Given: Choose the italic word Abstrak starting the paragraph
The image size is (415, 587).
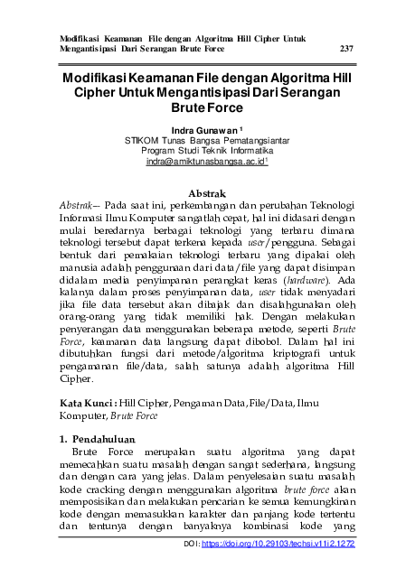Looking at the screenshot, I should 75,206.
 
